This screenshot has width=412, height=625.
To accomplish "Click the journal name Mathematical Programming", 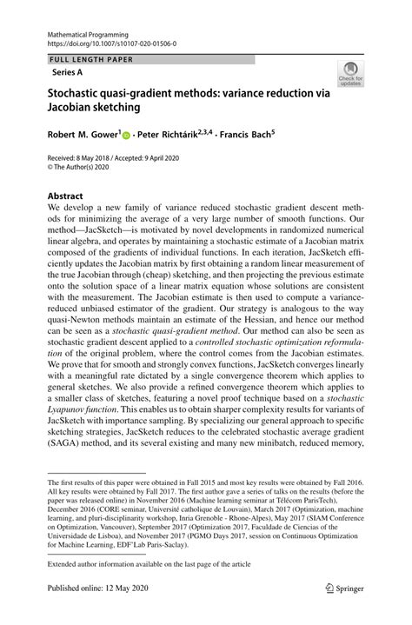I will point(86,31).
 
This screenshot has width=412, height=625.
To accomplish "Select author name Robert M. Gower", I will point(83,136).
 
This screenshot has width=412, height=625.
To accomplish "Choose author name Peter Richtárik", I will point(172,136).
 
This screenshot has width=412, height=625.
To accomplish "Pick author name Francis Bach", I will point(245,136).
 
